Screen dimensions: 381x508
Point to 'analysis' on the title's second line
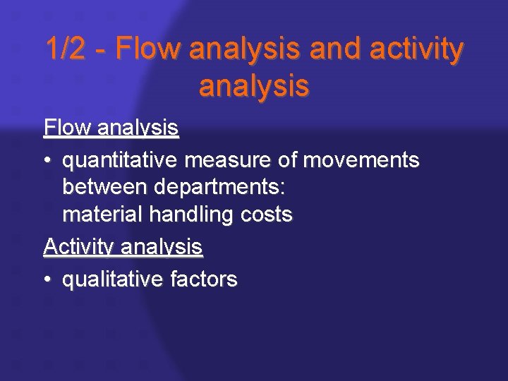pos(254,86)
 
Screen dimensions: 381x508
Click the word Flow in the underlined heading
pos(68,128)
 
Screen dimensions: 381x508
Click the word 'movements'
pos(361,160)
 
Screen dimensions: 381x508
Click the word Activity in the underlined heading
pos(80,248)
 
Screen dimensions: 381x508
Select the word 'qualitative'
pos(113,280)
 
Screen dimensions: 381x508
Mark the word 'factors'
pos(204,279)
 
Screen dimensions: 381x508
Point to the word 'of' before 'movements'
pos(287,160)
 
